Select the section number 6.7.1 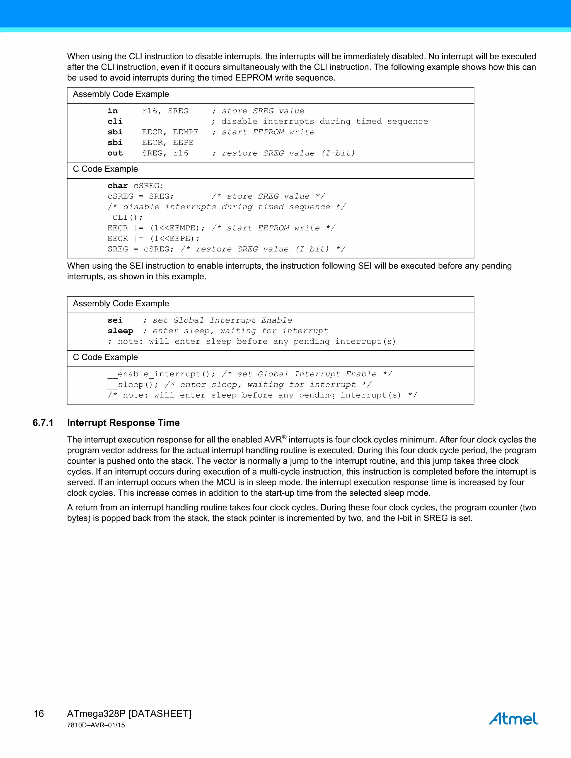point(43,423)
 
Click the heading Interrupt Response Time point(124,423)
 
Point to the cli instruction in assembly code point(115,121)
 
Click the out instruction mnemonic point(115,153)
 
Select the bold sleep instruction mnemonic point(120,331)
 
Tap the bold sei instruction point(115,320)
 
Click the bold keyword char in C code point(118,186)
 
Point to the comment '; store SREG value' point(258,111)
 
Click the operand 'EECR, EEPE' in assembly point(168,142)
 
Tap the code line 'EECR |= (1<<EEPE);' point(153,239)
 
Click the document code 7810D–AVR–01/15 point(96,725)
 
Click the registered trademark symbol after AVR point(284,437)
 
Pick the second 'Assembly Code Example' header point(121,304)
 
